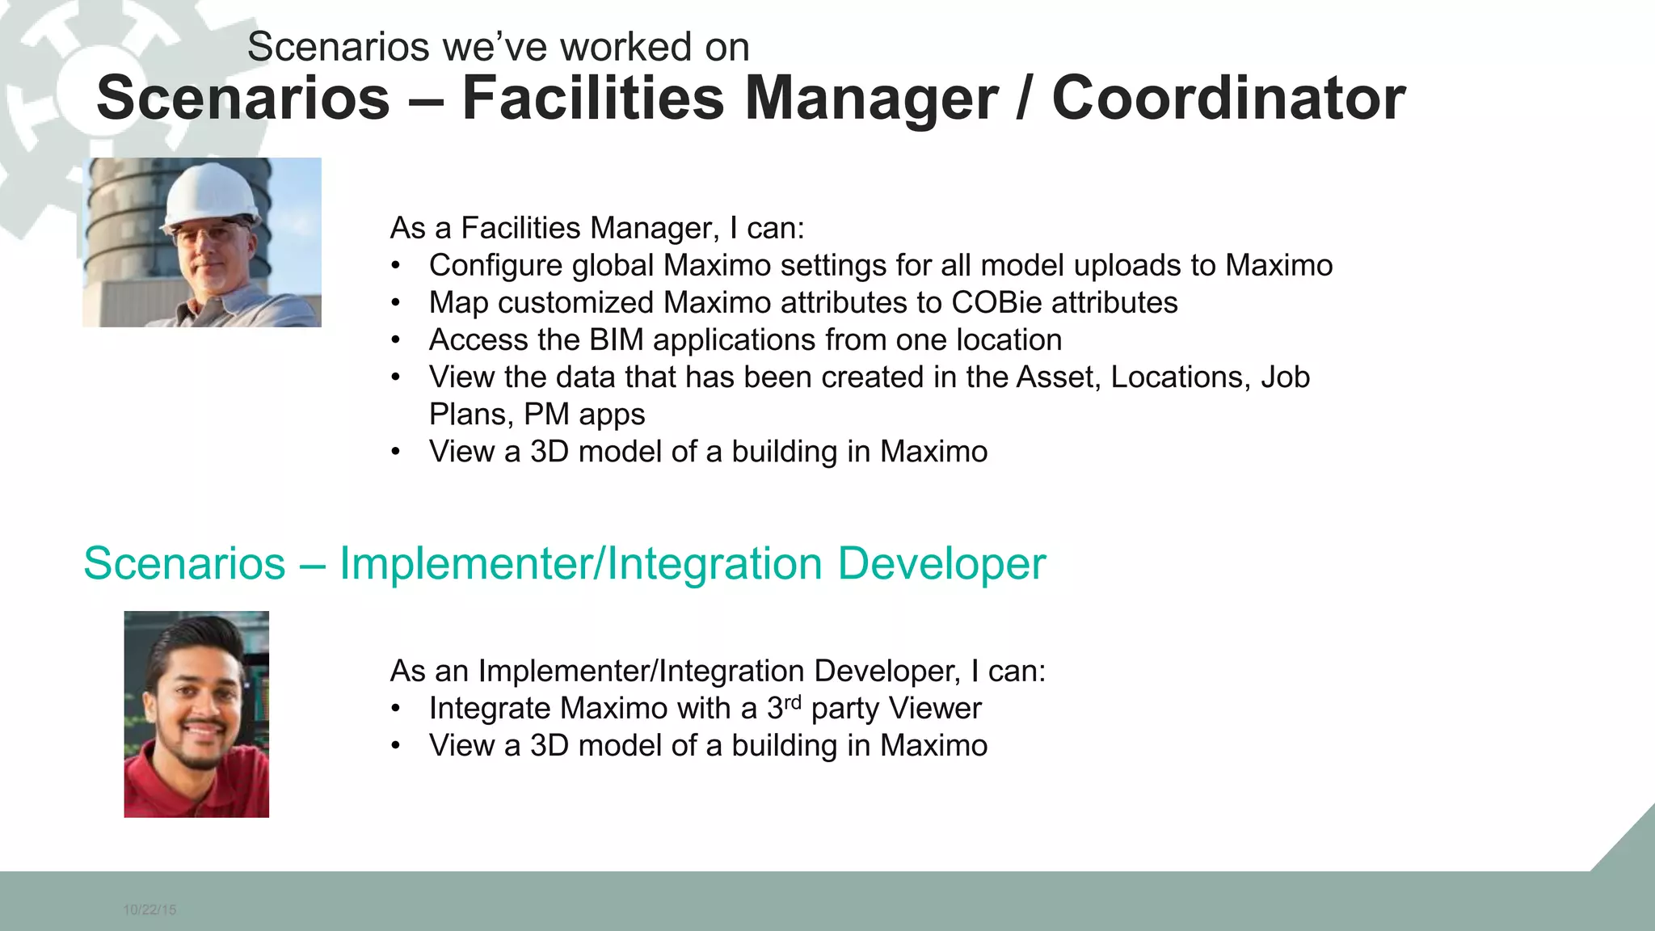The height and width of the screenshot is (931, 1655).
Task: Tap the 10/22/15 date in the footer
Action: coord(149,910)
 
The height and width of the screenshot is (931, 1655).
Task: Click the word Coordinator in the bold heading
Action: coord(1228,99)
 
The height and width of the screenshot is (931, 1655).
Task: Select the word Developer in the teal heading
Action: coord(941,563)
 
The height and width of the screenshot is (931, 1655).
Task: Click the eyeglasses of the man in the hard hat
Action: coord(212,234)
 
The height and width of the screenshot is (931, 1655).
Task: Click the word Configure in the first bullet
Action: coord(495,266)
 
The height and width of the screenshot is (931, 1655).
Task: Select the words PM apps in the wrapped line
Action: coord(584,415)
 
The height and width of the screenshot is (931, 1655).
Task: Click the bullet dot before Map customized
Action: coord(395,303)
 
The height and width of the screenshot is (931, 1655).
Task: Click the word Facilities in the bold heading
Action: coord(592,99)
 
